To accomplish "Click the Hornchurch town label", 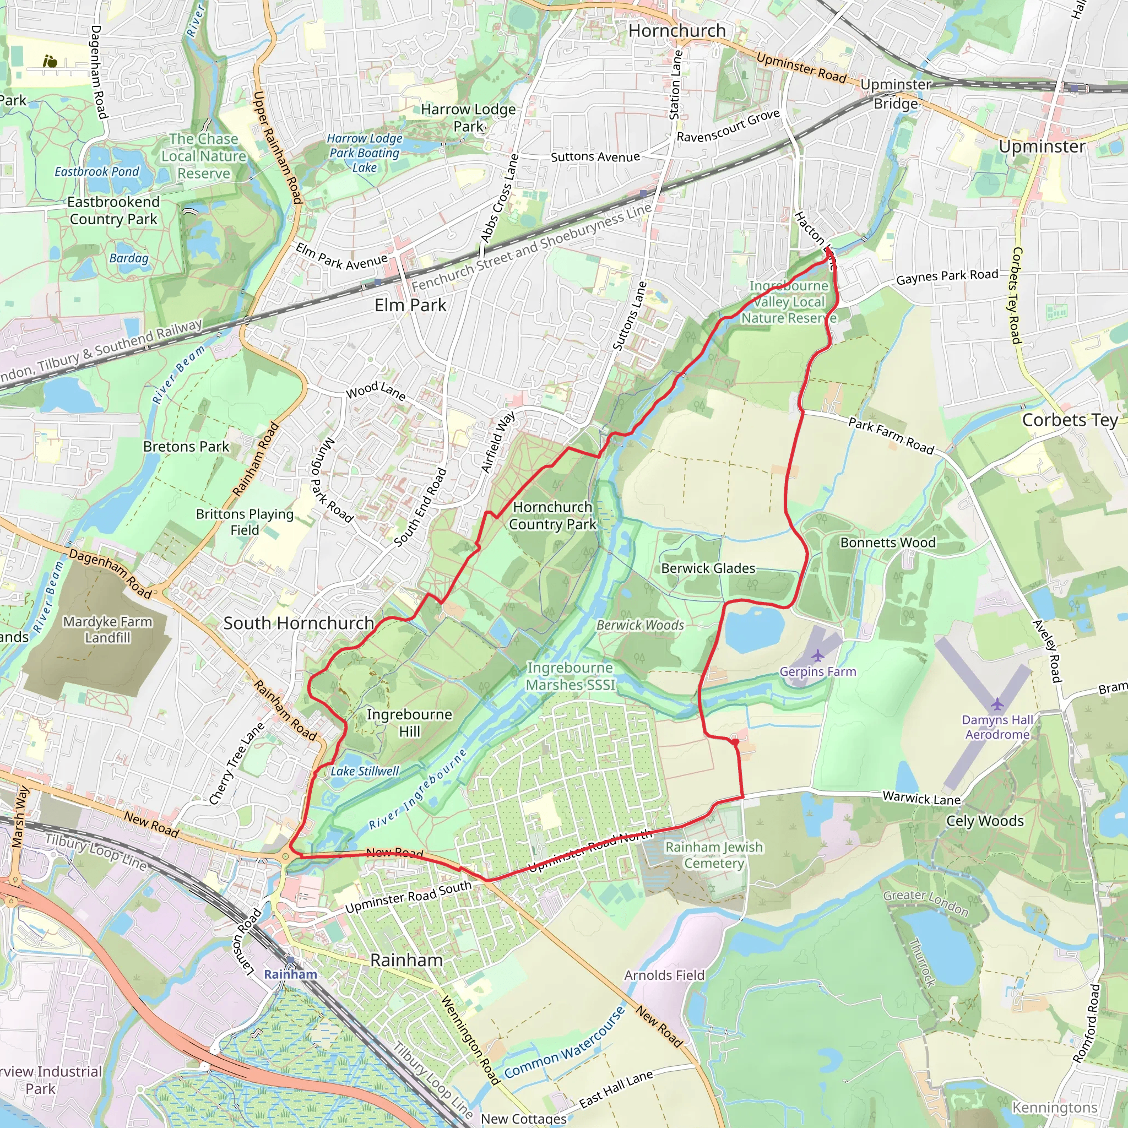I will click(677, 30).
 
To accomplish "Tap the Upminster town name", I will click(1042, 146).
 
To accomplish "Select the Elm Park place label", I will click(410, 305).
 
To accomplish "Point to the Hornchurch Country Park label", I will click(552, 516).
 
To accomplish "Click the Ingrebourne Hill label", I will click(409, 723).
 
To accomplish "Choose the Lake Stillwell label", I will click(364, 771).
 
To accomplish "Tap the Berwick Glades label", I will click(708, 568).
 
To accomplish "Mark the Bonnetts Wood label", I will click(887, 543).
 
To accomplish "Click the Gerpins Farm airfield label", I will click(817, 671).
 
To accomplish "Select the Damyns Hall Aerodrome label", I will click(997, 727).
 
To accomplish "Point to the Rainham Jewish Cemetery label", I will click(713, 855).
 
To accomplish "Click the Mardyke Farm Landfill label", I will click(107, 630).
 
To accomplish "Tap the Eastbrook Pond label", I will click(97, 172).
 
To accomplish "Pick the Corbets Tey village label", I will click(1070, 420).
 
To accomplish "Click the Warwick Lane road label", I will click(921, 798).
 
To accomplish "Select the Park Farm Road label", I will click(891, 435).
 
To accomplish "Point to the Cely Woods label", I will click(984, 821).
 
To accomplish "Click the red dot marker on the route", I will click(735, 742).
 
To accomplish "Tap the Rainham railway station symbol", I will click(291, 960).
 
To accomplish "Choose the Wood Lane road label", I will click(376, 390).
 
